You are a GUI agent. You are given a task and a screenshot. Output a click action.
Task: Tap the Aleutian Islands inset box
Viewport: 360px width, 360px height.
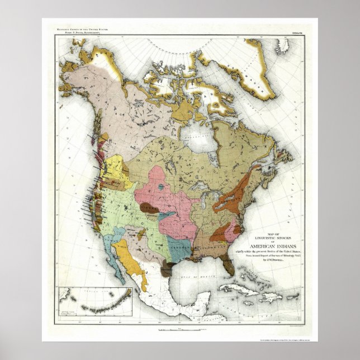tap(95, 301)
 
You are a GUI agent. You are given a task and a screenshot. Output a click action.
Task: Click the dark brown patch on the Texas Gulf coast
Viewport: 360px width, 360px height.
tap(167, 270)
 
